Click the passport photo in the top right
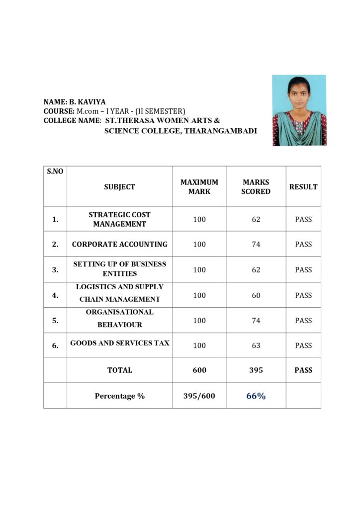pyautogui.click(x=299, y=110)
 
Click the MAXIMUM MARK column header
pyautogui.click(x=199, y=187)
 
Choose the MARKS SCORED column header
pyautogui.click(x=256, y=187)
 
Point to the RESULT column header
pyautogui.click(x=303, y=187)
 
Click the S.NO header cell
pyautogui.click(x=55, y=172)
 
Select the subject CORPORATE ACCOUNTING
pyautogui.click(x=120, y=244)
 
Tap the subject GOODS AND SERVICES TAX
pyautogui.click(x=120, y=343)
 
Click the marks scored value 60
pyautogui.click(x=256, y=295)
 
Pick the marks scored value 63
pyautogui.click(x=256, y=345)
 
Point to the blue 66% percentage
pyautogui.click(x=256, y=396)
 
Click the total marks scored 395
pyautogui.click(x=256, y=370)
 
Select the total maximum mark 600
pyautogui.click(x=199, y=370)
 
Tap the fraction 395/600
pyautogui.click(x=199, y=396)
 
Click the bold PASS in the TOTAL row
pyautogui.click(x=303, y=370)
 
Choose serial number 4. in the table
pyautogui.click(x=55, y=295)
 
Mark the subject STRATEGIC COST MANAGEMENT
pyautogui.click(x=120, y=219)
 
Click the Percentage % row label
pyautogui.click(x=120, y=396)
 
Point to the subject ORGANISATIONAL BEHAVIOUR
pyautogui.click(x=120, y=318)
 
